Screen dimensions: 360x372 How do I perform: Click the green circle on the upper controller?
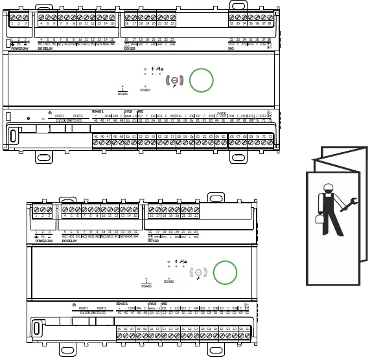point(200,80)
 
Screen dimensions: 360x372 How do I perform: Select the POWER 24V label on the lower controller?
point(44,240)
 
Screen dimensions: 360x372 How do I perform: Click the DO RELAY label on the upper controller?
point(47,48)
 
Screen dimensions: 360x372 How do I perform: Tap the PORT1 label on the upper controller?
point(60,115)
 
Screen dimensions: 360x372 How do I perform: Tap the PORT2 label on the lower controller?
point(101,308)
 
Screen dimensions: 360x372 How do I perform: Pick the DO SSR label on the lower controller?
point(153,240)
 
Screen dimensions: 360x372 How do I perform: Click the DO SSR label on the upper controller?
point(129,48)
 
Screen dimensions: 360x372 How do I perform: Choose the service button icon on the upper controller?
point(174,80)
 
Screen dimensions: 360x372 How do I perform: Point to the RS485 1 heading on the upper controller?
point(98,111)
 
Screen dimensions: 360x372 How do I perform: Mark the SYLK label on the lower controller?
point(152,303)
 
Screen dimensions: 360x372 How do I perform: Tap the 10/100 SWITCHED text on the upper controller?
point(67,120)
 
